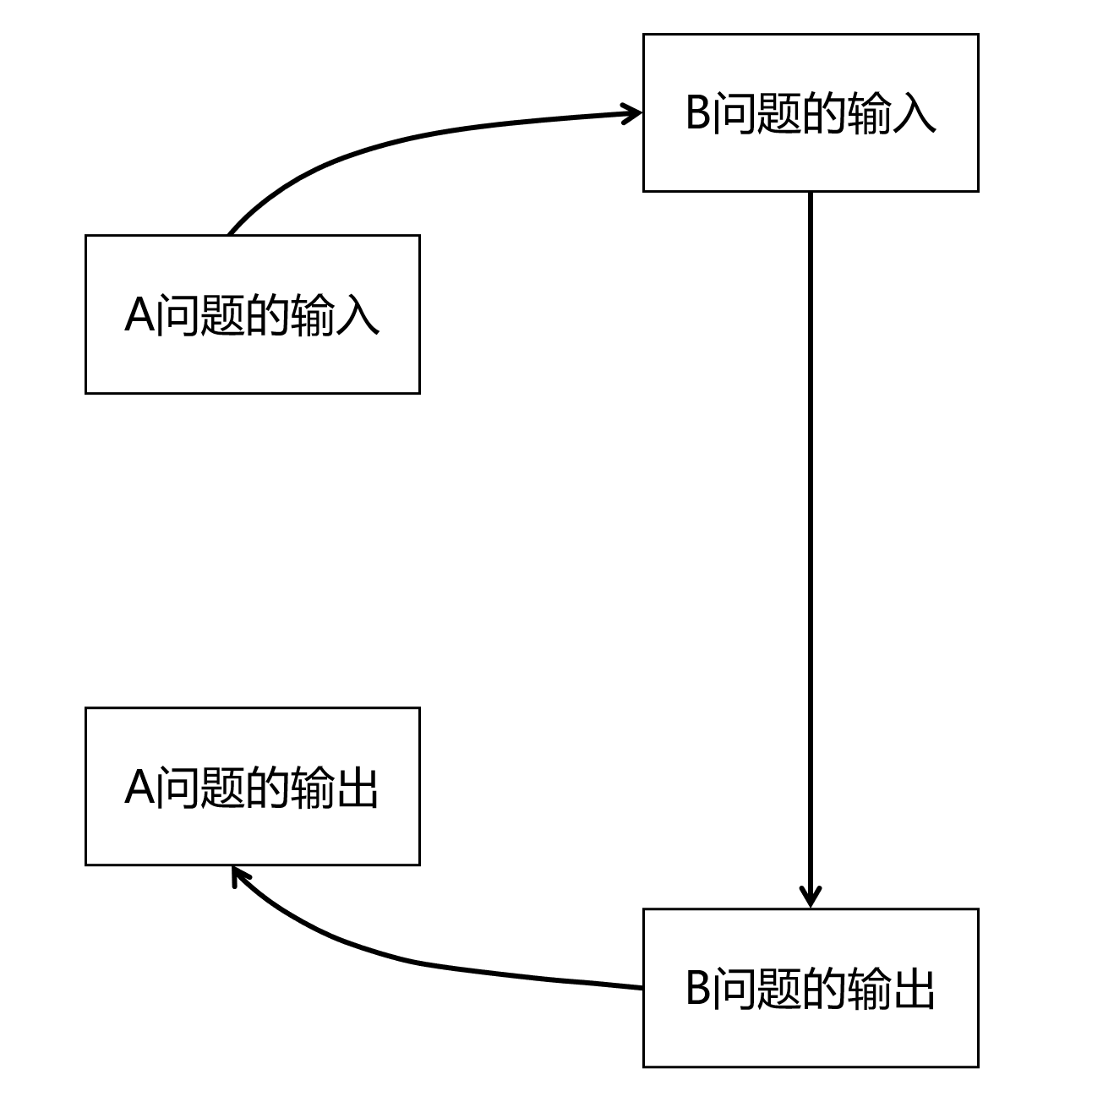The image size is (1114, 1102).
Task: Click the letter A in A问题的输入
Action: coord(139,316)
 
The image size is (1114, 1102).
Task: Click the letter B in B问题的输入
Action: coord(698,113)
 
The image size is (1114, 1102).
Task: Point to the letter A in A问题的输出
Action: coord(139,788)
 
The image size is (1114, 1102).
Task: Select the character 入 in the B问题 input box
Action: coord(915,113)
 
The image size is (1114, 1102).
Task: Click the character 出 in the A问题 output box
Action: coord(357,788)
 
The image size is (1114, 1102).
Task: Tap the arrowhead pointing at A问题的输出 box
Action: coord(239,875)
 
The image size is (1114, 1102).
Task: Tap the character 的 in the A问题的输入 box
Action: coord(267,316)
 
